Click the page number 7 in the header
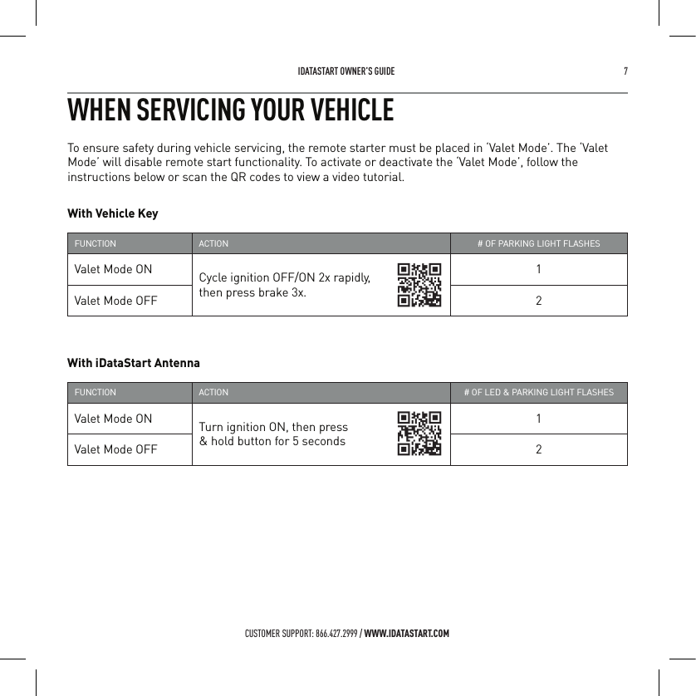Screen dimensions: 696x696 click(625, 71)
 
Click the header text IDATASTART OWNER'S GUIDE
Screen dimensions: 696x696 click(346, 71)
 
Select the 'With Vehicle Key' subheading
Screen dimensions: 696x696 click(112, 213)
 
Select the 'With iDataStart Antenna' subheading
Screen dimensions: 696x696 click(133, 363)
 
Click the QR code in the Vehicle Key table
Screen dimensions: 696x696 click(419, 285)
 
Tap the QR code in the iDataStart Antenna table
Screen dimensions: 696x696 click(419, 434)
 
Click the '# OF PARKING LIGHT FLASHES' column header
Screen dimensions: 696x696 click(538, 244)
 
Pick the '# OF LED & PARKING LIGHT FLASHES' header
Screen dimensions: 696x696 click(538, 392)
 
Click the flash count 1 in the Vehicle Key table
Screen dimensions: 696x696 click(539, 269)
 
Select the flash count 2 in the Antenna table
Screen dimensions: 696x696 click(539, 449)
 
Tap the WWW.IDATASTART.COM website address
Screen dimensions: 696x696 click(407, 635)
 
